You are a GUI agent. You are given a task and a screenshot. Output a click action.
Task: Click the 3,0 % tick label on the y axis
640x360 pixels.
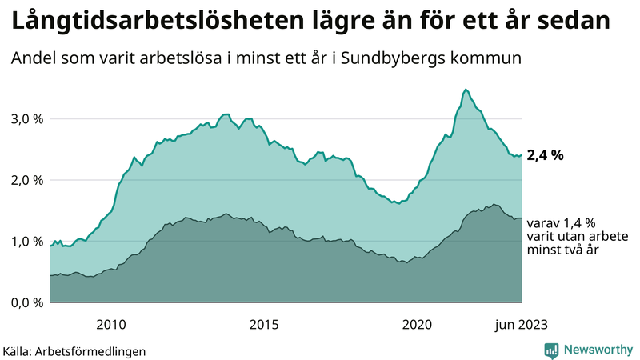click(x=26, y=118)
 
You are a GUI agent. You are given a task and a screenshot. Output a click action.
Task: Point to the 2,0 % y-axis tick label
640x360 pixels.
click(x=26, y=180)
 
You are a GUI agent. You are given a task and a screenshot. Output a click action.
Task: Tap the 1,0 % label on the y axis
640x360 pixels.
click(x=26, y=241)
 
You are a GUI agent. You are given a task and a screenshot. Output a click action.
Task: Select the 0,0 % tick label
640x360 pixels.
click(x=26, y=302)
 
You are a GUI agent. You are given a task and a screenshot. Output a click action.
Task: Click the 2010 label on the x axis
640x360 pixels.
click(x=111, y=324)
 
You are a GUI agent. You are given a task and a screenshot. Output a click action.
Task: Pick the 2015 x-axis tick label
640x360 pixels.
click(x=264, y=324)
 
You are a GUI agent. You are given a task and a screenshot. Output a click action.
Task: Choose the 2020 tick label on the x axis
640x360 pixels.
click(x=416, y=324)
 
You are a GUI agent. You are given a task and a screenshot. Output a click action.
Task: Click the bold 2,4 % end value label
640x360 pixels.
click(x=545, y=155)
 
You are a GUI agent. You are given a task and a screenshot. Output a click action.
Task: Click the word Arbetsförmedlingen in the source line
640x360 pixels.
click(x=96, y=350)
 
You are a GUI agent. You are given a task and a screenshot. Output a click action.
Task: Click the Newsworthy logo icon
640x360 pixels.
click(x=551, y=350)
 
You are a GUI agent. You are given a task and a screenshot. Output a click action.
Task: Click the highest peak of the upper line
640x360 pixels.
click(x=466, y=90)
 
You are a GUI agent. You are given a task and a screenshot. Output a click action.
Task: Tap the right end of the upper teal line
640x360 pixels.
click(x=522, y=155)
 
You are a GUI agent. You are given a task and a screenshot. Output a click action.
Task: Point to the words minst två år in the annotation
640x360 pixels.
click(x=562, y=250)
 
